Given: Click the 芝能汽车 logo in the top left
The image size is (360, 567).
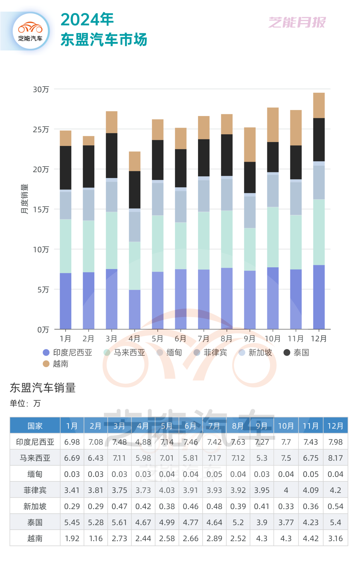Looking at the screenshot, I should tap(31, 31).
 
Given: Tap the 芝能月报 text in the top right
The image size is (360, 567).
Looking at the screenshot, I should tap(297, 22).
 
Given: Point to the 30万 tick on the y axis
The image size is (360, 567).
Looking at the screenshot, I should tap(41, 89).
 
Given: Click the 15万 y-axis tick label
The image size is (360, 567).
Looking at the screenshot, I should tap(41, 209).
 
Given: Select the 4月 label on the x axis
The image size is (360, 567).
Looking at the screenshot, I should tap(134, 339).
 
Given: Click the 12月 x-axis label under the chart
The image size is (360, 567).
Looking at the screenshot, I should tap(319, 339).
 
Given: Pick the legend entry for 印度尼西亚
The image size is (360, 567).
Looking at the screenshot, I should tap(68, 353).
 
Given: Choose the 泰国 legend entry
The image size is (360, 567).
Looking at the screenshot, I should tap(296, 353).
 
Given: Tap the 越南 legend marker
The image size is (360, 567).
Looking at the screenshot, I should tap(46, 364).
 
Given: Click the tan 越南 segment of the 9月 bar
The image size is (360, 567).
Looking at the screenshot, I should tap(250, 145).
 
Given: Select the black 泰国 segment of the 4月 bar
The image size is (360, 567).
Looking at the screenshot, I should tap(135, 190).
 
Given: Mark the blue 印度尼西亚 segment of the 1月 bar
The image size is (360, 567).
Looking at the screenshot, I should tap(65, 301).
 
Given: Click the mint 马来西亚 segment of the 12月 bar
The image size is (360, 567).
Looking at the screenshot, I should tap(319, 232).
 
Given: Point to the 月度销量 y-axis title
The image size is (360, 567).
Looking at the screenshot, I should tap(24, 199).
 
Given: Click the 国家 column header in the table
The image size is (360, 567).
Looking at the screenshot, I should tap(35, 426).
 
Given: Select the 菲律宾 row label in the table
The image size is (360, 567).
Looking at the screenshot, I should tap(35, 490).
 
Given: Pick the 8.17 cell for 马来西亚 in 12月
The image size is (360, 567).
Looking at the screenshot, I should tap(335, 458).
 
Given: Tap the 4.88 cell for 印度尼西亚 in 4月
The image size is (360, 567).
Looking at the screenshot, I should tap(143, 442).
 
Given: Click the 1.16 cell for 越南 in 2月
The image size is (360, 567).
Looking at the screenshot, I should tap(96, 538).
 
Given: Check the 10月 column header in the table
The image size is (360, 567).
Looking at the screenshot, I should tap(286, 426).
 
